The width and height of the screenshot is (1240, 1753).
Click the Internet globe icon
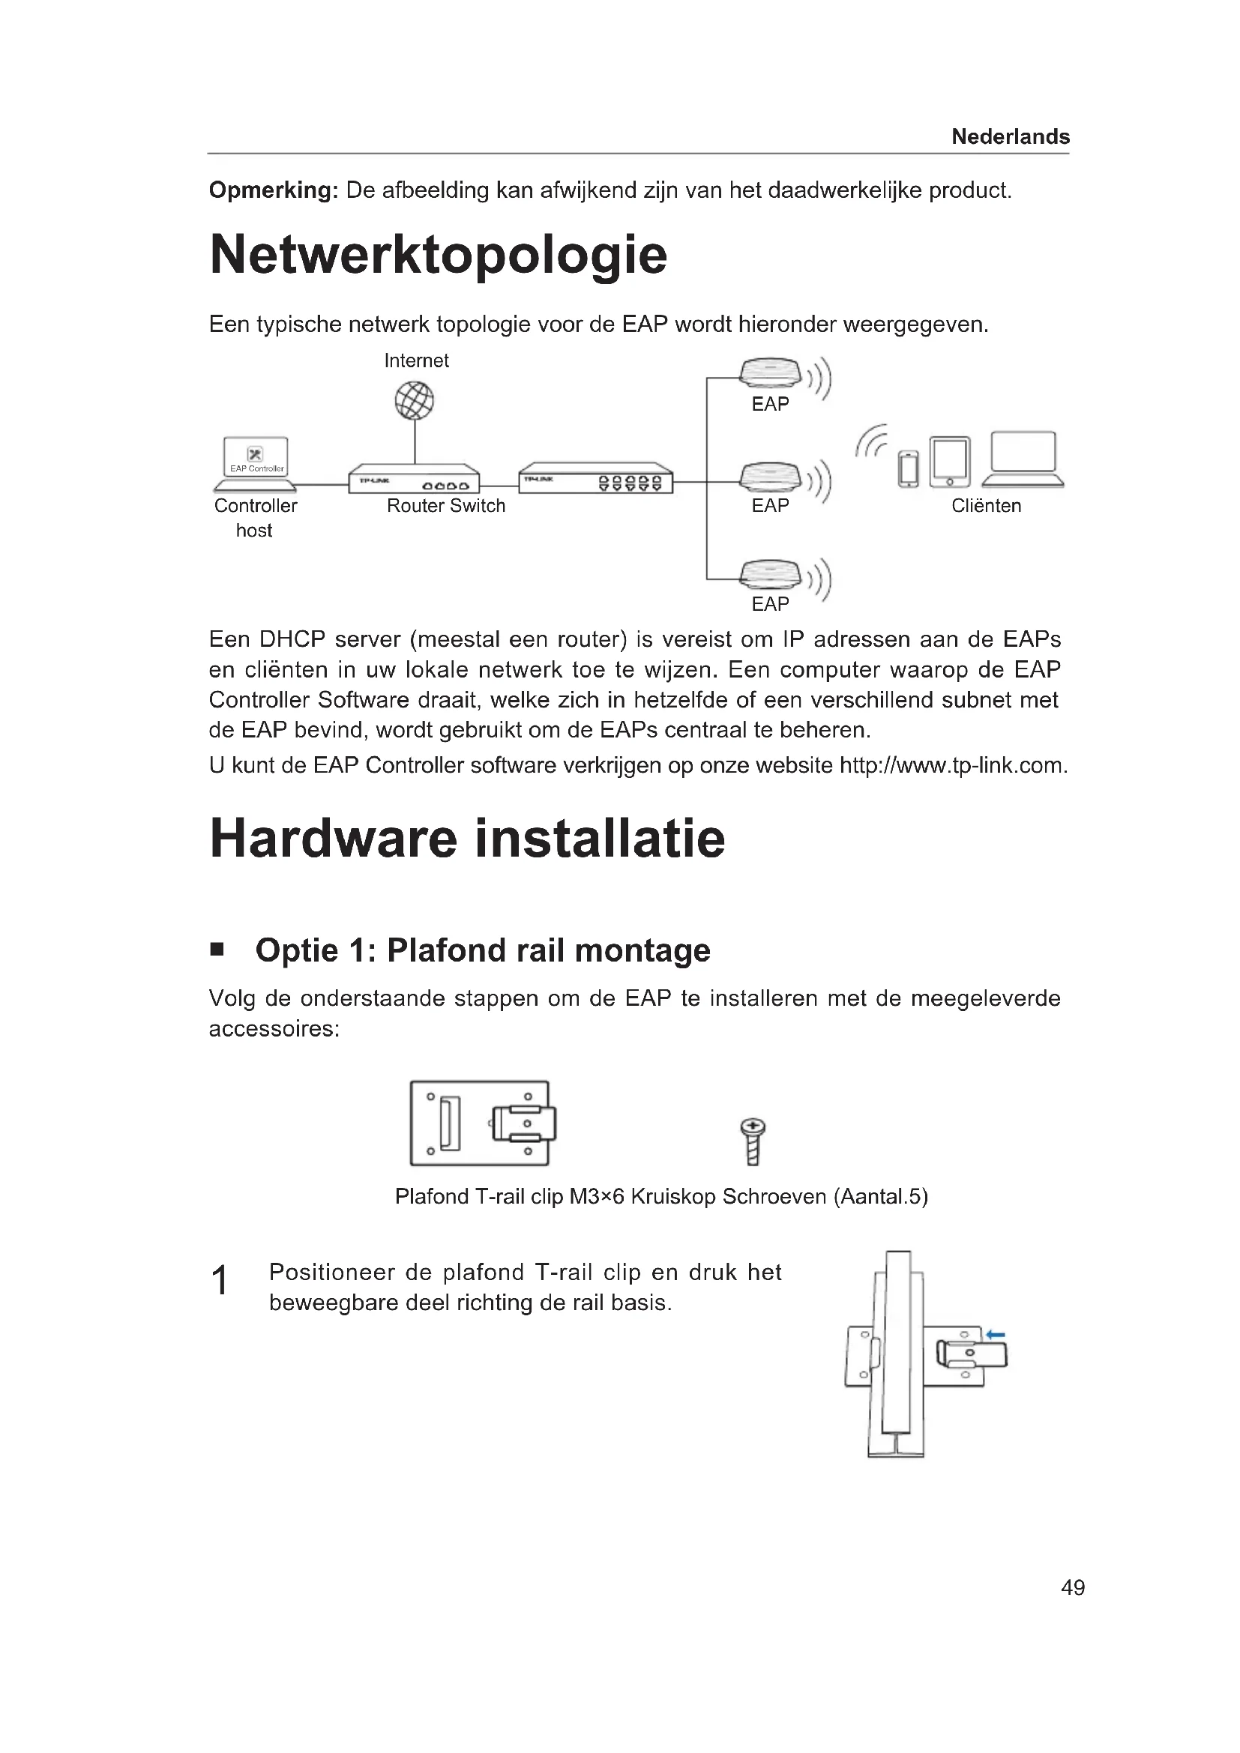pyautogui.click(x=415, y=401)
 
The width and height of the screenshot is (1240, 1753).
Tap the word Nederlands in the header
pyautogui.click(x=1010, y=136)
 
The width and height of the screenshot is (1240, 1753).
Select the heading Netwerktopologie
pyautogui.click(x=439, y=255)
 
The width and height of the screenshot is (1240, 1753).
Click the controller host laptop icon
pyautogui.click(x=256, y=463)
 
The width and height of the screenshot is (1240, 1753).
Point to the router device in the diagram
pyautogui.click(x=414, y=480)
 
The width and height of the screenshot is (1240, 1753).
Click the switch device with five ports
pyautogui.click(x=595, y=479)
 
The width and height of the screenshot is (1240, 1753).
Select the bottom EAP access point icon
pyautogui.click(x=771, y=575)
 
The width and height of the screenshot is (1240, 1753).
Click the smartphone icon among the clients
pyautogui.click(x=909, y=468)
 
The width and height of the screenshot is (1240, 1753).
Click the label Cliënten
pyautogui.click(x=986, y=505)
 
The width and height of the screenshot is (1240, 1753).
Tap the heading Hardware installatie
pyautogui.click(x=467, y=839)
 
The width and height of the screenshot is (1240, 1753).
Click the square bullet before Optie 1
pyautogui.click(x=217, y=950)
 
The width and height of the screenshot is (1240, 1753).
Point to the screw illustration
pyautogui.click(x=753, y=1141)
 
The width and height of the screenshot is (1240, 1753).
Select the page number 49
pyautogui.click(x=1073, y=1588)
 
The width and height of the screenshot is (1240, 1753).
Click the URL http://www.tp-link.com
pyautogui.click(x=952, y=765)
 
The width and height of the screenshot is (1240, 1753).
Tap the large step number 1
pyautogui.click(x=219, y=1280)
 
